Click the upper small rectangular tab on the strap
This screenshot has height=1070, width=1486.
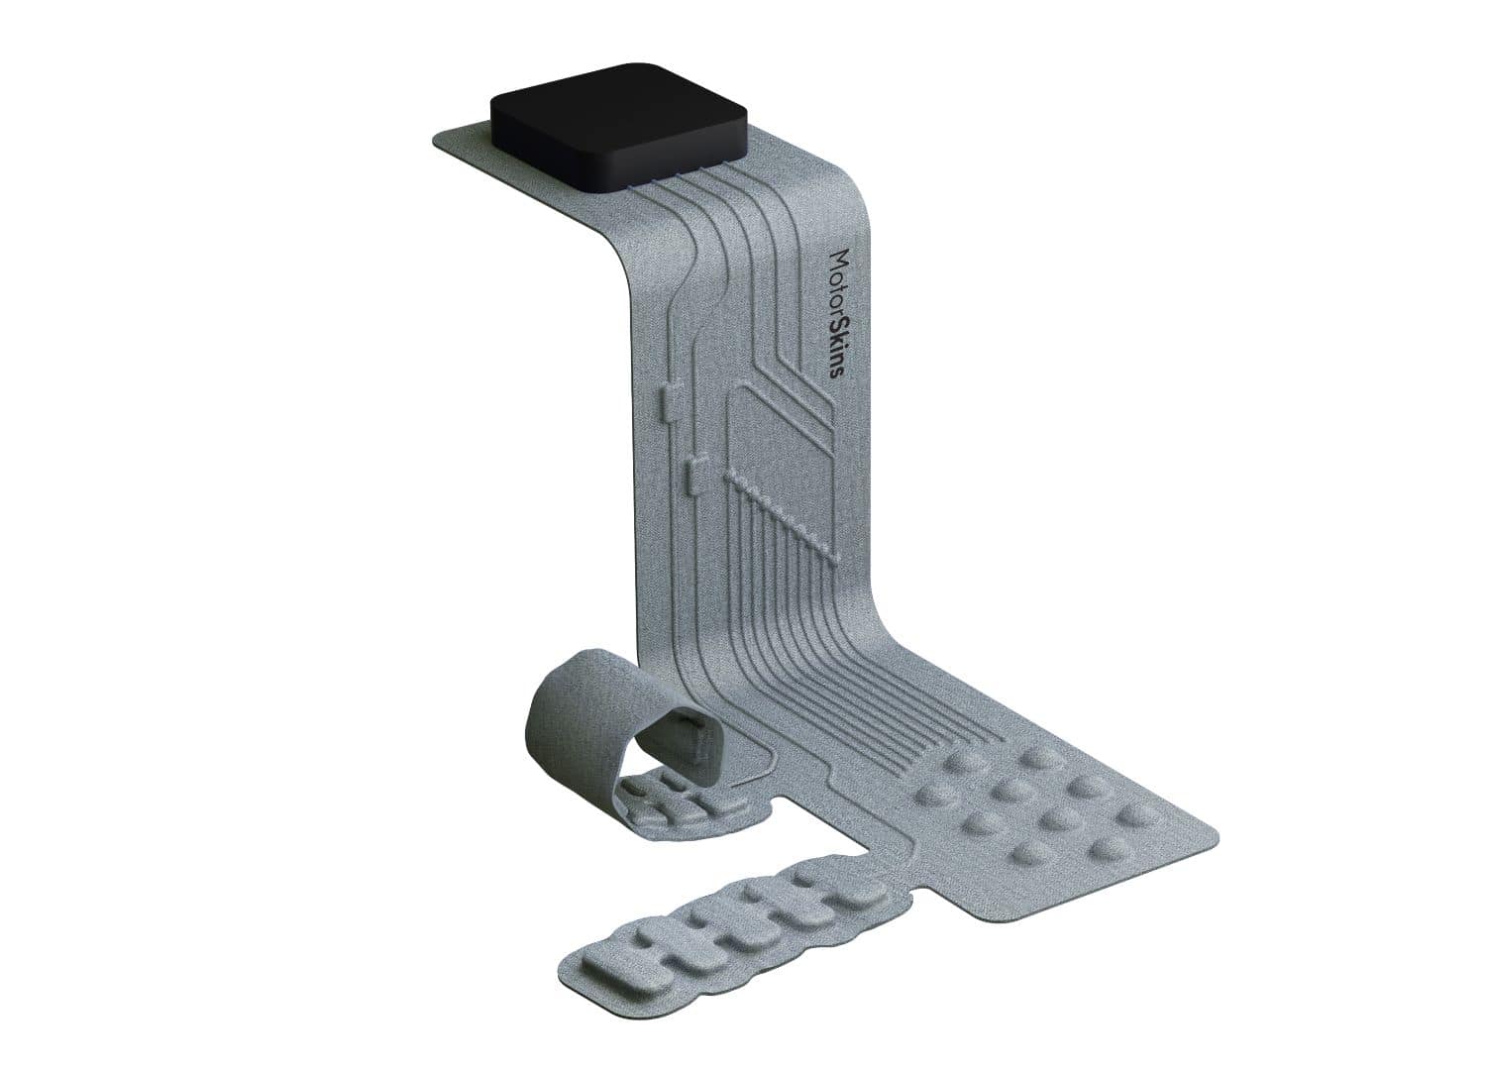tap(668, 401)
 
